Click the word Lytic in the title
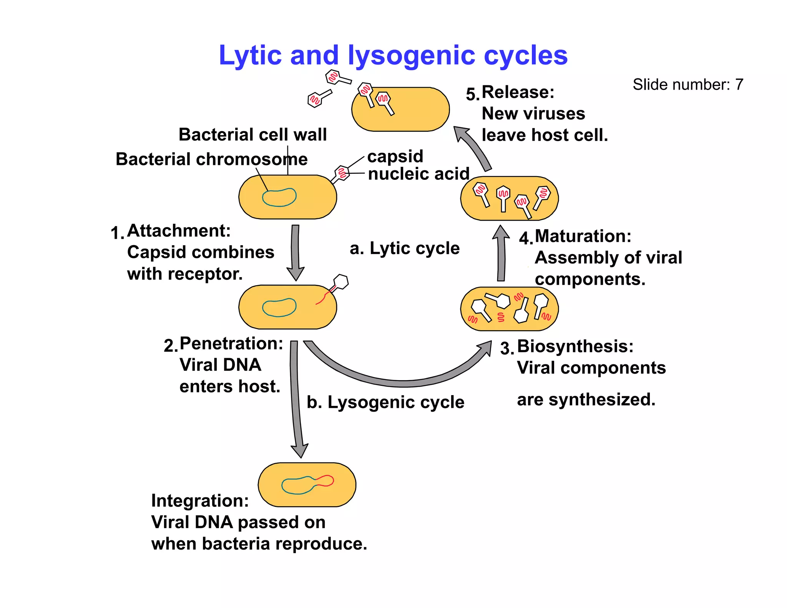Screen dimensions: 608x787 250,56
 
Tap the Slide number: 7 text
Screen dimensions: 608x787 688,85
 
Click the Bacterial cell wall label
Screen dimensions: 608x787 252,135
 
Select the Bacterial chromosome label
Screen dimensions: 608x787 211,159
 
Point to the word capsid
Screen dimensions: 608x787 395,156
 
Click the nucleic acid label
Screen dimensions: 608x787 418,174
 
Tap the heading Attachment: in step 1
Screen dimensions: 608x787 179,231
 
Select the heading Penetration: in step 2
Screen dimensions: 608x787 231,344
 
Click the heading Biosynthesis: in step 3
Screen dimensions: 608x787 575,346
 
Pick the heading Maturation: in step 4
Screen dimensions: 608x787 583,236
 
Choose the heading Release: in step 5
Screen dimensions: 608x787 518,92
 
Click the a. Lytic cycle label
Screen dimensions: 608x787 405,248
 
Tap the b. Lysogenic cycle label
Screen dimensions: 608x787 385,402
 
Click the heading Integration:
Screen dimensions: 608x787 200,501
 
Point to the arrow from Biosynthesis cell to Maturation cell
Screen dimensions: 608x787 501,254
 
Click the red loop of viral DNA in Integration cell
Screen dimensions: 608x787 326,480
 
